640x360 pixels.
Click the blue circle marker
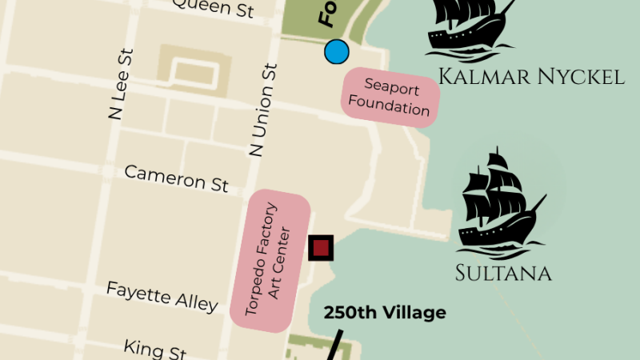(337, 52)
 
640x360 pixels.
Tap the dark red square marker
(322, 247)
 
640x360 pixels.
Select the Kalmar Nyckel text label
(531, 77)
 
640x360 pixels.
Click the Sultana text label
(503, 273)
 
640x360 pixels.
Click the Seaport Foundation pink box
(391, 96)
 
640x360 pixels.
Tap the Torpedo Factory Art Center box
(270, 261)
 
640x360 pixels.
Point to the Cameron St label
(176, 178)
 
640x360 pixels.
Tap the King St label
(155, 350)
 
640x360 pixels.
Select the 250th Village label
(385, 313)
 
